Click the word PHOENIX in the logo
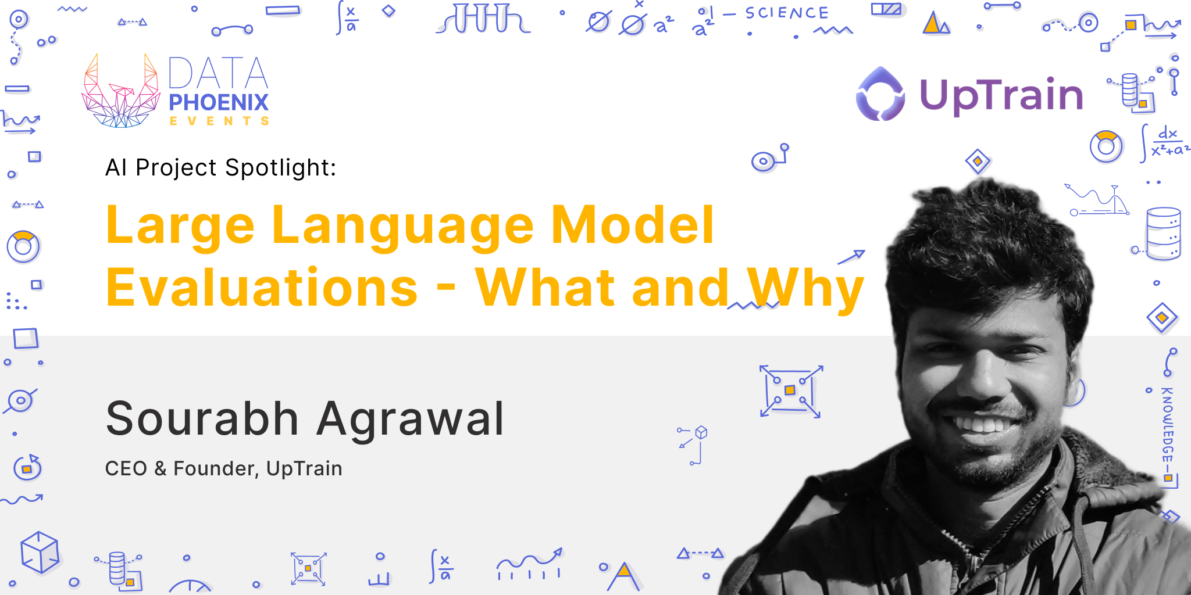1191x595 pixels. [x=219, y=103]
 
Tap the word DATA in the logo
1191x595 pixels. [x=218, y=73]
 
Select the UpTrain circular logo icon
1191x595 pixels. [x=880, y=95]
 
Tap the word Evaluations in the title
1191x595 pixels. [x=262, y=288]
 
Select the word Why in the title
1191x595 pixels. [x=806, y=289]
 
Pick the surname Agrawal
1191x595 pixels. [x=410, y=420]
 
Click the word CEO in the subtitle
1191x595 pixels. [x=126, y=468]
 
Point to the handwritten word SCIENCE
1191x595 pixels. [x=787, y=13]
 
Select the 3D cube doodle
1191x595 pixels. [x=40, y=551]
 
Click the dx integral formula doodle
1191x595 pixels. [x=1165, y=142]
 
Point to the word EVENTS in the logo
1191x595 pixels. [x=219, y=121]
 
